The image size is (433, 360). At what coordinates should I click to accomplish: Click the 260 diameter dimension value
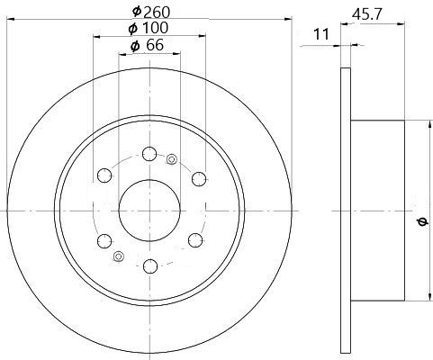pyautogui.click(x=157, y=13)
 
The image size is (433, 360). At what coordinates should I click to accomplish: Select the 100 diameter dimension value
pyautogui.click(x=155, y=28)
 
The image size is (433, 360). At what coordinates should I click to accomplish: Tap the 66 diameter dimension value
pyautogui.click(x=155, y=45)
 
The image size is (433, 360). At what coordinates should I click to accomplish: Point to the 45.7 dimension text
pyautogui.click(x=367, y=14)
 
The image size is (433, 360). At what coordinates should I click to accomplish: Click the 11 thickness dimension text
pyautogui.click(x=321, y=34)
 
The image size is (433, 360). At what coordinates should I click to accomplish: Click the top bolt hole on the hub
pyautogui.click(x=149, y=154)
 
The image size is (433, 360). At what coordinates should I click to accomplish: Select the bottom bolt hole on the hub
pyautogui.click(x=150, y=266)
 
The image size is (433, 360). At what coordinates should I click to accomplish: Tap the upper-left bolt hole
pyautogui.click(x=104, y=175)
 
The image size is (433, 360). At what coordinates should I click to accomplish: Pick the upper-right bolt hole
pyautogui.click(x=199, y=179)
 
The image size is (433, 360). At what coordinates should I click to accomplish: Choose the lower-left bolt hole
pyautogui.click(x=104, y=241)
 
